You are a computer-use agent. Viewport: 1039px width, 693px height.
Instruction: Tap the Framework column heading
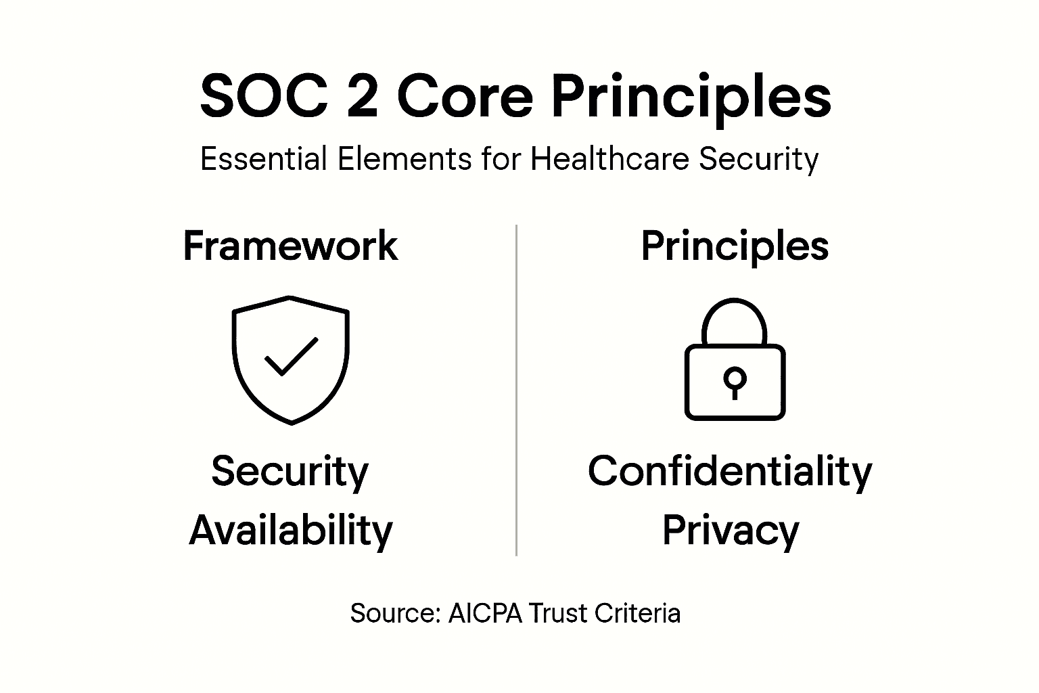pyautogui.click(x=290, y=246)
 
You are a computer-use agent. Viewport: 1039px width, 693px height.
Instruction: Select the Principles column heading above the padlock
pyautogui.click(x=735, y=247)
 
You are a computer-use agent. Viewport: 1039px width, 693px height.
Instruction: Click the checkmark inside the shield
pyautogui.click(x=291, y=355)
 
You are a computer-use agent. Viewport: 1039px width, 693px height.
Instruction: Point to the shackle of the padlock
pyautogui.click(x=735, y=318)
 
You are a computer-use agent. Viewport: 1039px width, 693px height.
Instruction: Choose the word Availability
pyautogui.click(x=291, y=531)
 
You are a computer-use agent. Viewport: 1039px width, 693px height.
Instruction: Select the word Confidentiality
pyautogui.click(x=730, y=472)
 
